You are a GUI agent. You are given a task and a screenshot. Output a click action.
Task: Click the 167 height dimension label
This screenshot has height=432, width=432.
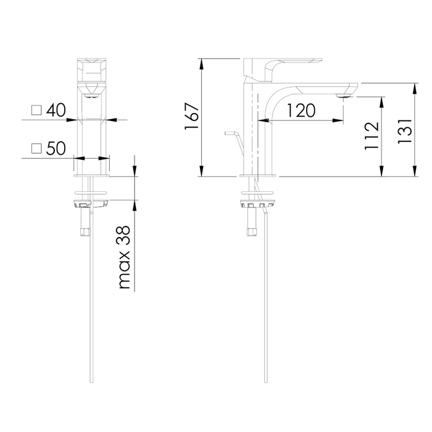pyautogui.click(x=191, y=116)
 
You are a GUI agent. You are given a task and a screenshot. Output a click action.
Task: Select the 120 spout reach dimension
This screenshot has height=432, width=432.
pyautogui.click(x=301, y=110)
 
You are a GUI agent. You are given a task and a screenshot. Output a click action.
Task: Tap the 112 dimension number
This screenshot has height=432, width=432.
pyautogui.click(x=372, y=136)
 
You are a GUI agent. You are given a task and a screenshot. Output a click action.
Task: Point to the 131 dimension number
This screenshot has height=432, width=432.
pyautogui.click(x=405, y=131)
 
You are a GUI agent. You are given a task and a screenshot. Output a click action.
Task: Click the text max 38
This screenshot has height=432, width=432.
pyautogui.click(x=124, y=257)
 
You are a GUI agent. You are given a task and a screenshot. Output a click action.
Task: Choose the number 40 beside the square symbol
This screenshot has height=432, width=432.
pyautogui.click(x=56, y=110)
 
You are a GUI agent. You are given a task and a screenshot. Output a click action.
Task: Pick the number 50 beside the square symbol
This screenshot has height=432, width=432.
pyautogui.click(x=56, y=148)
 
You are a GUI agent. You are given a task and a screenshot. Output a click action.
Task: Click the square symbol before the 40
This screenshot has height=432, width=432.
pyautogui.click(x=36, y=110)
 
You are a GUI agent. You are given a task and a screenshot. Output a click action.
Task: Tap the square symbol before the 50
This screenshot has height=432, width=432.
pyautogui.click(x=36, y=148)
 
